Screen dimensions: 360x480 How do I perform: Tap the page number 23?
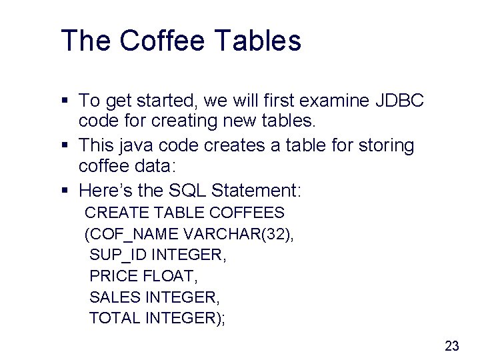coord(452,345)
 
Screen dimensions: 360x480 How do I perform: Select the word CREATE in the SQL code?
coord(117,213)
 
